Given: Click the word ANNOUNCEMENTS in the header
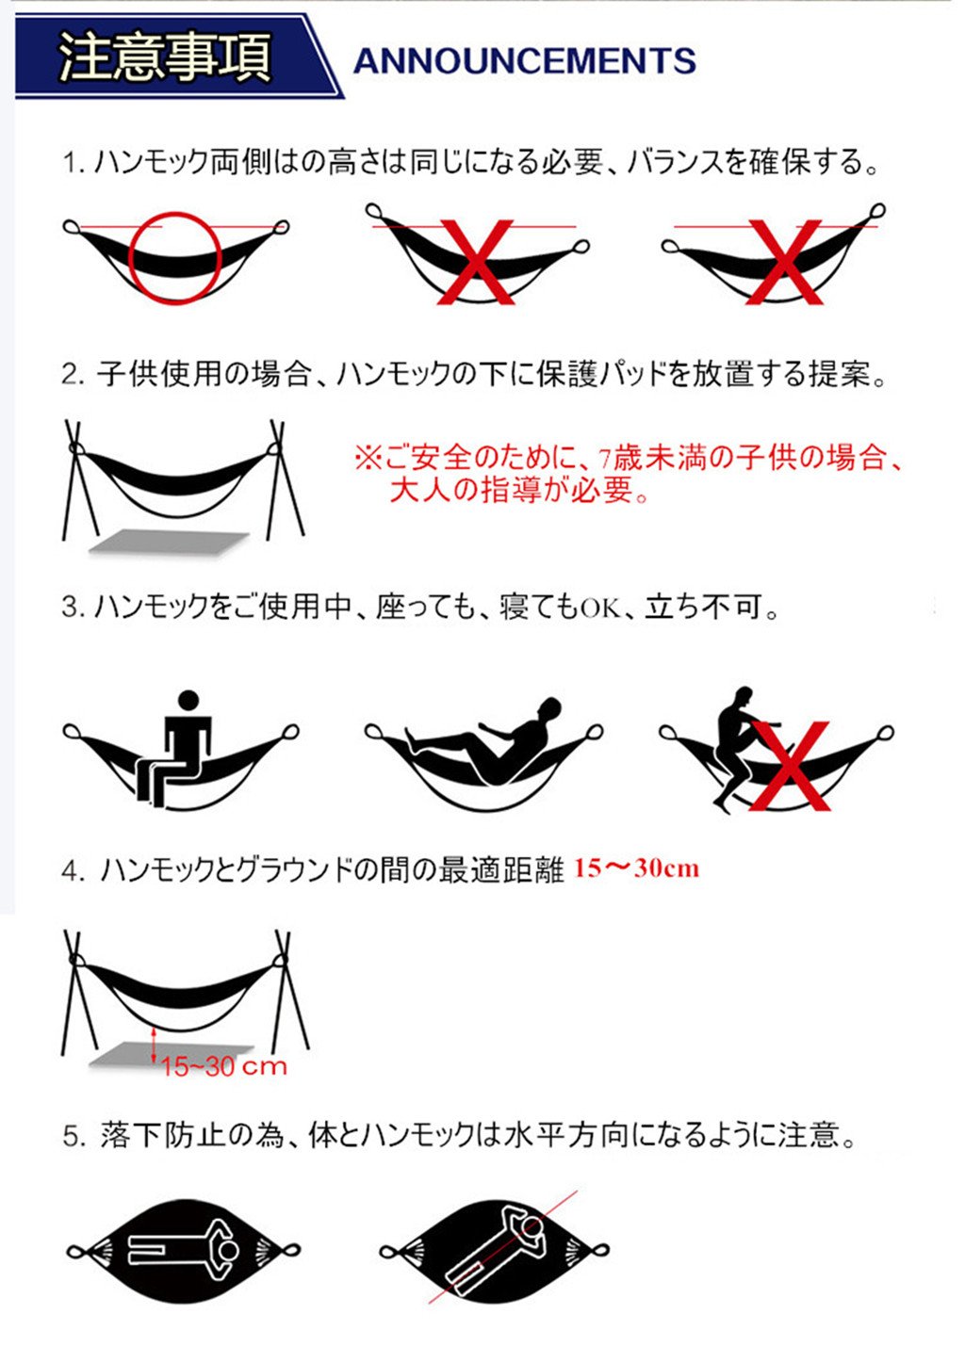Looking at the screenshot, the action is (524, 60).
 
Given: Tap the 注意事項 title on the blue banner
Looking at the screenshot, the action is (165, 57).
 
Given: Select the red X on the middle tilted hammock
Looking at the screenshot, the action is (477, 262).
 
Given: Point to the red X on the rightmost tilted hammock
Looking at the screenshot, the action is (784, 262).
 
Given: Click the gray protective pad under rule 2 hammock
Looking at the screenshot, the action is (169, 542).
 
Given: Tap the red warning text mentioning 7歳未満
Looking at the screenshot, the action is (629, 474).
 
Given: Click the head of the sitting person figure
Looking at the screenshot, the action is (188, 701).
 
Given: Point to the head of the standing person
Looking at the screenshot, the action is (744, 696).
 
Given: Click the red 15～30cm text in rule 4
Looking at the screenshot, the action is (636, 868).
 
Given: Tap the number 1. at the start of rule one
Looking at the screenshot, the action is (74, 164).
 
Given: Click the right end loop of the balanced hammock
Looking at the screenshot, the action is (280, 227).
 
